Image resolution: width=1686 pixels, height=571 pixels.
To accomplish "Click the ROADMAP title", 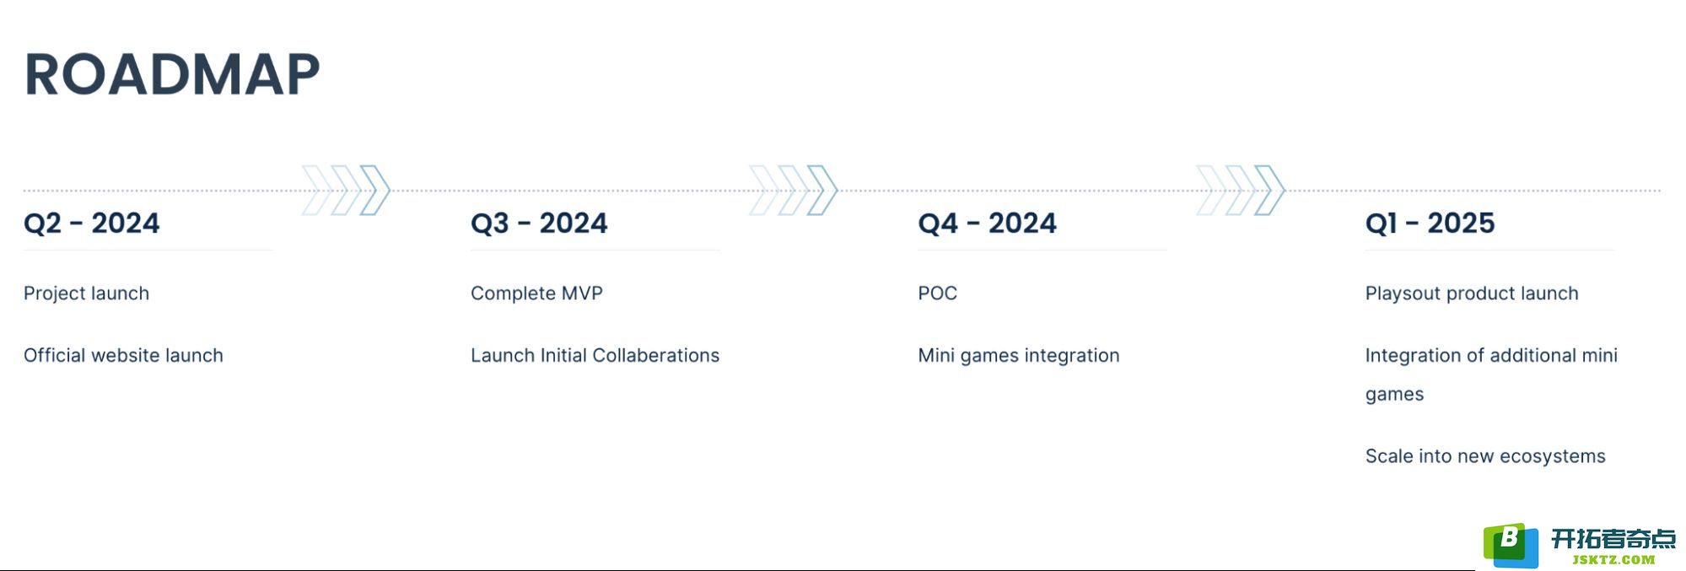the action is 172,74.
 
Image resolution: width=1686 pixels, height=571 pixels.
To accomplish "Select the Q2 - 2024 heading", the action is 92,224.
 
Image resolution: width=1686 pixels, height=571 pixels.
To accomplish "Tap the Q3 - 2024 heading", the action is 539,224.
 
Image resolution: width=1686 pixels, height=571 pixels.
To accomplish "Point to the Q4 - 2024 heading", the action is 987,224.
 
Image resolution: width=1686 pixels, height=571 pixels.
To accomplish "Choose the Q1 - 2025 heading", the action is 1430,224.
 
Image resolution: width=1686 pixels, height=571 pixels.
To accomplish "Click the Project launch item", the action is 86,294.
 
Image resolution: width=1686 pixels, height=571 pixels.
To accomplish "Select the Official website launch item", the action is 123,355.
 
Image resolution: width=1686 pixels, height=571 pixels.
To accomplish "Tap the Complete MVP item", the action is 536,294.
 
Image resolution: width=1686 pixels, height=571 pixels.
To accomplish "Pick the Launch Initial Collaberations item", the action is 595,355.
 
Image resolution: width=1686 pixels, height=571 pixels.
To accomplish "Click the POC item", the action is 937,294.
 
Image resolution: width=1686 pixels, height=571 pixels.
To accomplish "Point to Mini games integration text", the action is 1018,356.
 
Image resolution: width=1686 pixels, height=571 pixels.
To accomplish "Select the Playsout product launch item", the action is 1472,294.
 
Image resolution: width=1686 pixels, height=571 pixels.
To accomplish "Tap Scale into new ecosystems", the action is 1485,456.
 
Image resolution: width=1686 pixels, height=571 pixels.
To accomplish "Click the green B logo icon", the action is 1511,545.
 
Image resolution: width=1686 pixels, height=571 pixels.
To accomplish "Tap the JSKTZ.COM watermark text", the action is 1613,559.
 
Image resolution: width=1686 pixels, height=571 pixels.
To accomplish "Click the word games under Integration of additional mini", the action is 1394,395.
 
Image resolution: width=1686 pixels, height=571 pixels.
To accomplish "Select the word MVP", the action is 580,294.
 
